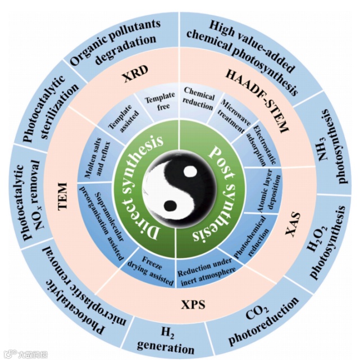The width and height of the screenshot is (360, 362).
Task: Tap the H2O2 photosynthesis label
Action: pyautogui.click(x=330, y=243)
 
